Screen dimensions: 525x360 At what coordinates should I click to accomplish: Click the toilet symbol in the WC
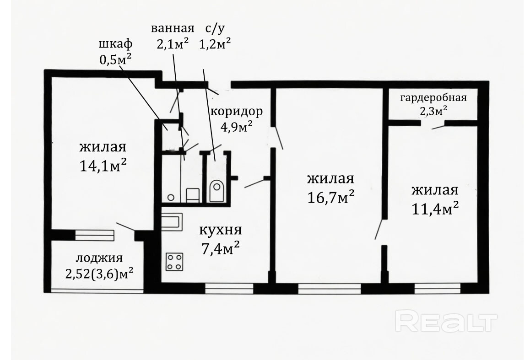click(216, 191)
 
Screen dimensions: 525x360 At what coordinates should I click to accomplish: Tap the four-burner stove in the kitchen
click(174, 262)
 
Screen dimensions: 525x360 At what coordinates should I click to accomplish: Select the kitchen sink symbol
click(172, 222)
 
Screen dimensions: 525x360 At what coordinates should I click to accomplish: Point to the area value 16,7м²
click(330, 198)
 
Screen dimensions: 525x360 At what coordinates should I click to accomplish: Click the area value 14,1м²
click(103, 165)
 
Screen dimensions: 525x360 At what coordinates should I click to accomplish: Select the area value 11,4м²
click(435, 209)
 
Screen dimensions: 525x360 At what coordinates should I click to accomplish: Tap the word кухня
click(220, 230)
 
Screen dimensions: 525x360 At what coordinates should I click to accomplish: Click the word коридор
click(236, 112)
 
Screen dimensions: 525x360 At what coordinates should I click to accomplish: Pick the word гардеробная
click(433, 98)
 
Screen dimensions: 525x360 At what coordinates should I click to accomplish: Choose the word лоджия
click(99, 258)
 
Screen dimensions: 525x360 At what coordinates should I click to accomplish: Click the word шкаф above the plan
click(115, 44)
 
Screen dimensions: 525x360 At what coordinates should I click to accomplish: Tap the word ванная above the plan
click(173, 28)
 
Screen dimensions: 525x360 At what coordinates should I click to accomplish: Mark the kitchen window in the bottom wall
click(229, 289)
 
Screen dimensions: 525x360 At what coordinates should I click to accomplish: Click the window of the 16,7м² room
click(330, 289)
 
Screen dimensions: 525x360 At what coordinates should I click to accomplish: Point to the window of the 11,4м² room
click(437, 289)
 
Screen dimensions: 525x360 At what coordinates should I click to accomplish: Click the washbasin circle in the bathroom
click(171, 198)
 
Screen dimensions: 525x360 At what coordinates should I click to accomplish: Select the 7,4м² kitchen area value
click(220, 248)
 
